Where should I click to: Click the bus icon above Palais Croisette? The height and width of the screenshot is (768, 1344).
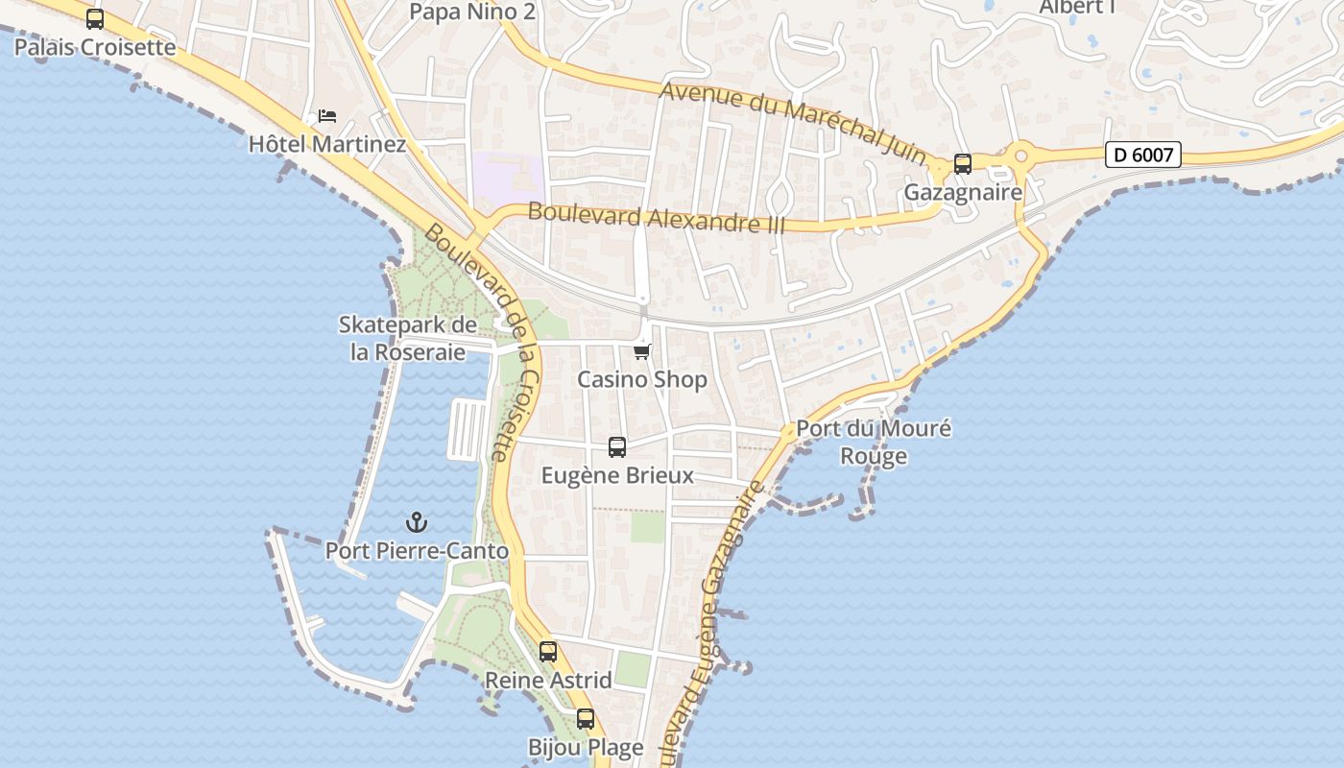[95, 18]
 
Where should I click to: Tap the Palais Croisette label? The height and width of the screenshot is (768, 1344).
[95, 47]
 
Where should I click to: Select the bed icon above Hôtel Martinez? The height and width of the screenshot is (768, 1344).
[327, 116]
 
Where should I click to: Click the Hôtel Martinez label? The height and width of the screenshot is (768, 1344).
[327, 145]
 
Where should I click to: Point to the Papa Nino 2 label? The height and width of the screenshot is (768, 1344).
[471, 12]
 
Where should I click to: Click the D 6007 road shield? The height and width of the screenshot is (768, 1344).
[1142, 154]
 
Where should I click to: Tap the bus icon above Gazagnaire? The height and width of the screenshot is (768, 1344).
[963, 164]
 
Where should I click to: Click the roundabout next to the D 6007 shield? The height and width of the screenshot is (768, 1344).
[1020, 154]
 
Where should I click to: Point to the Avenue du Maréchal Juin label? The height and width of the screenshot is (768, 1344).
[793, 123]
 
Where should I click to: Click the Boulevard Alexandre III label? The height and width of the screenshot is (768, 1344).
[657, 218]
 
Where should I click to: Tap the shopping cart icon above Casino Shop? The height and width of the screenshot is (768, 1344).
[642, 351]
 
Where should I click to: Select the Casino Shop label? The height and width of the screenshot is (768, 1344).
[642, 379]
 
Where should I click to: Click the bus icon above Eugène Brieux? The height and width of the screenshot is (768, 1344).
[617, 447]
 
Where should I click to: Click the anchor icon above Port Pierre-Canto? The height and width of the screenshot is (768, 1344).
[417, 522]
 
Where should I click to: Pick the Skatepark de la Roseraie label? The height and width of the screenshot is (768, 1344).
[408, 338]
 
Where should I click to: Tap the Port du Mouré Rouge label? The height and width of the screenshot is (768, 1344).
[874, 442]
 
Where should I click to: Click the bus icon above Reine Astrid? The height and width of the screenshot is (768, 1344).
[548, 652]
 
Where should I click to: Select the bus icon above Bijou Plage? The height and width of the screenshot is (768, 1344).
[586, 719]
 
